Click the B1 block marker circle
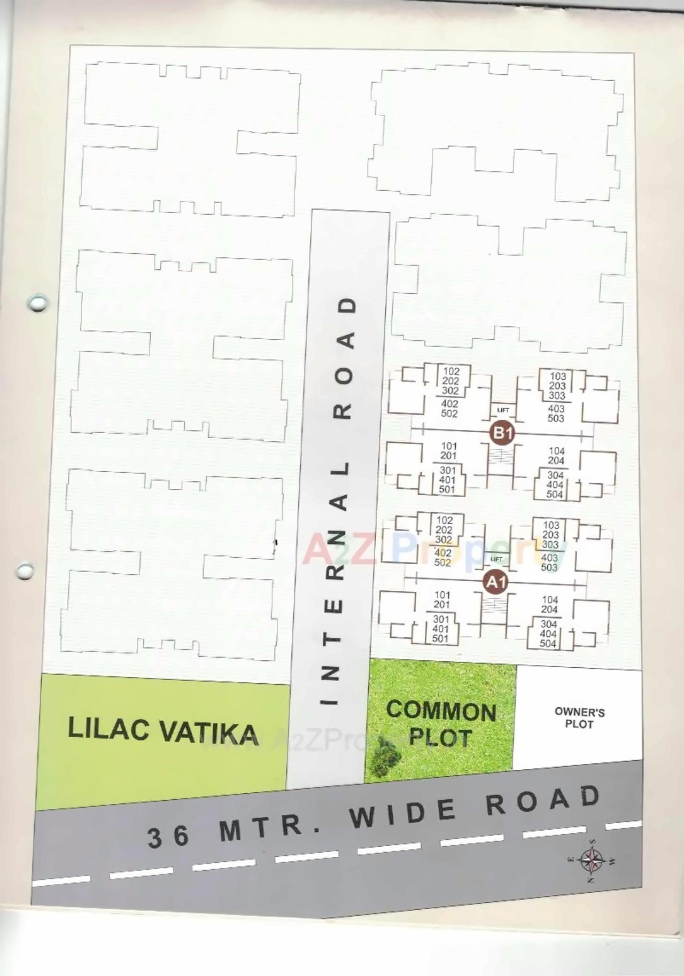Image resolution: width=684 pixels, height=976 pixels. [x=502, y=433]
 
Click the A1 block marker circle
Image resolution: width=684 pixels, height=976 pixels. [x=495, y=582]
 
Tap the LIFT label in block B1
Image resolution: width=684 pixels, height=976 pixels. [x=503, y=410]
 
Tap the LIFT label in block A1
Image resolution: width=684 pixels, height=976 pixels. [x=496, y=559]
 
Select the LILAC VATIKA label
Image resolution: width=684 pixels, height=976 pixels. [x=162, y=731]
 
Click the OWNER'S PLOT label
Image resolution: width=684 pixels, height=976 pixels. [x=579, y=718]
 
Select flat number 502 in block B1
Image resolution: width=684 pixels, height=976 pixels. [x=449, y=413]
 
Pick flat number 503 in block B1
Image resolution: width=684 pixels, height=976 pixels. [x=556, y=418]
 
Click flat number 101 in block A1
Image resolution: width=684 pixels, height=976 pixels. [x=442, y=595]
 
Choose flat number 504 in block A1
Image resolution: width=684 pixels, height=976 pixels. [x=548, y=644]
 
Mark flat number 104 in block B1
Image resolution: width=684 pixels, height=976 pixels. [x=556, y=451]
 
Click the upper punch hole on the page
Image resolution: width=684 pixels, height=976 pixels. [x=37, y=303]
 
